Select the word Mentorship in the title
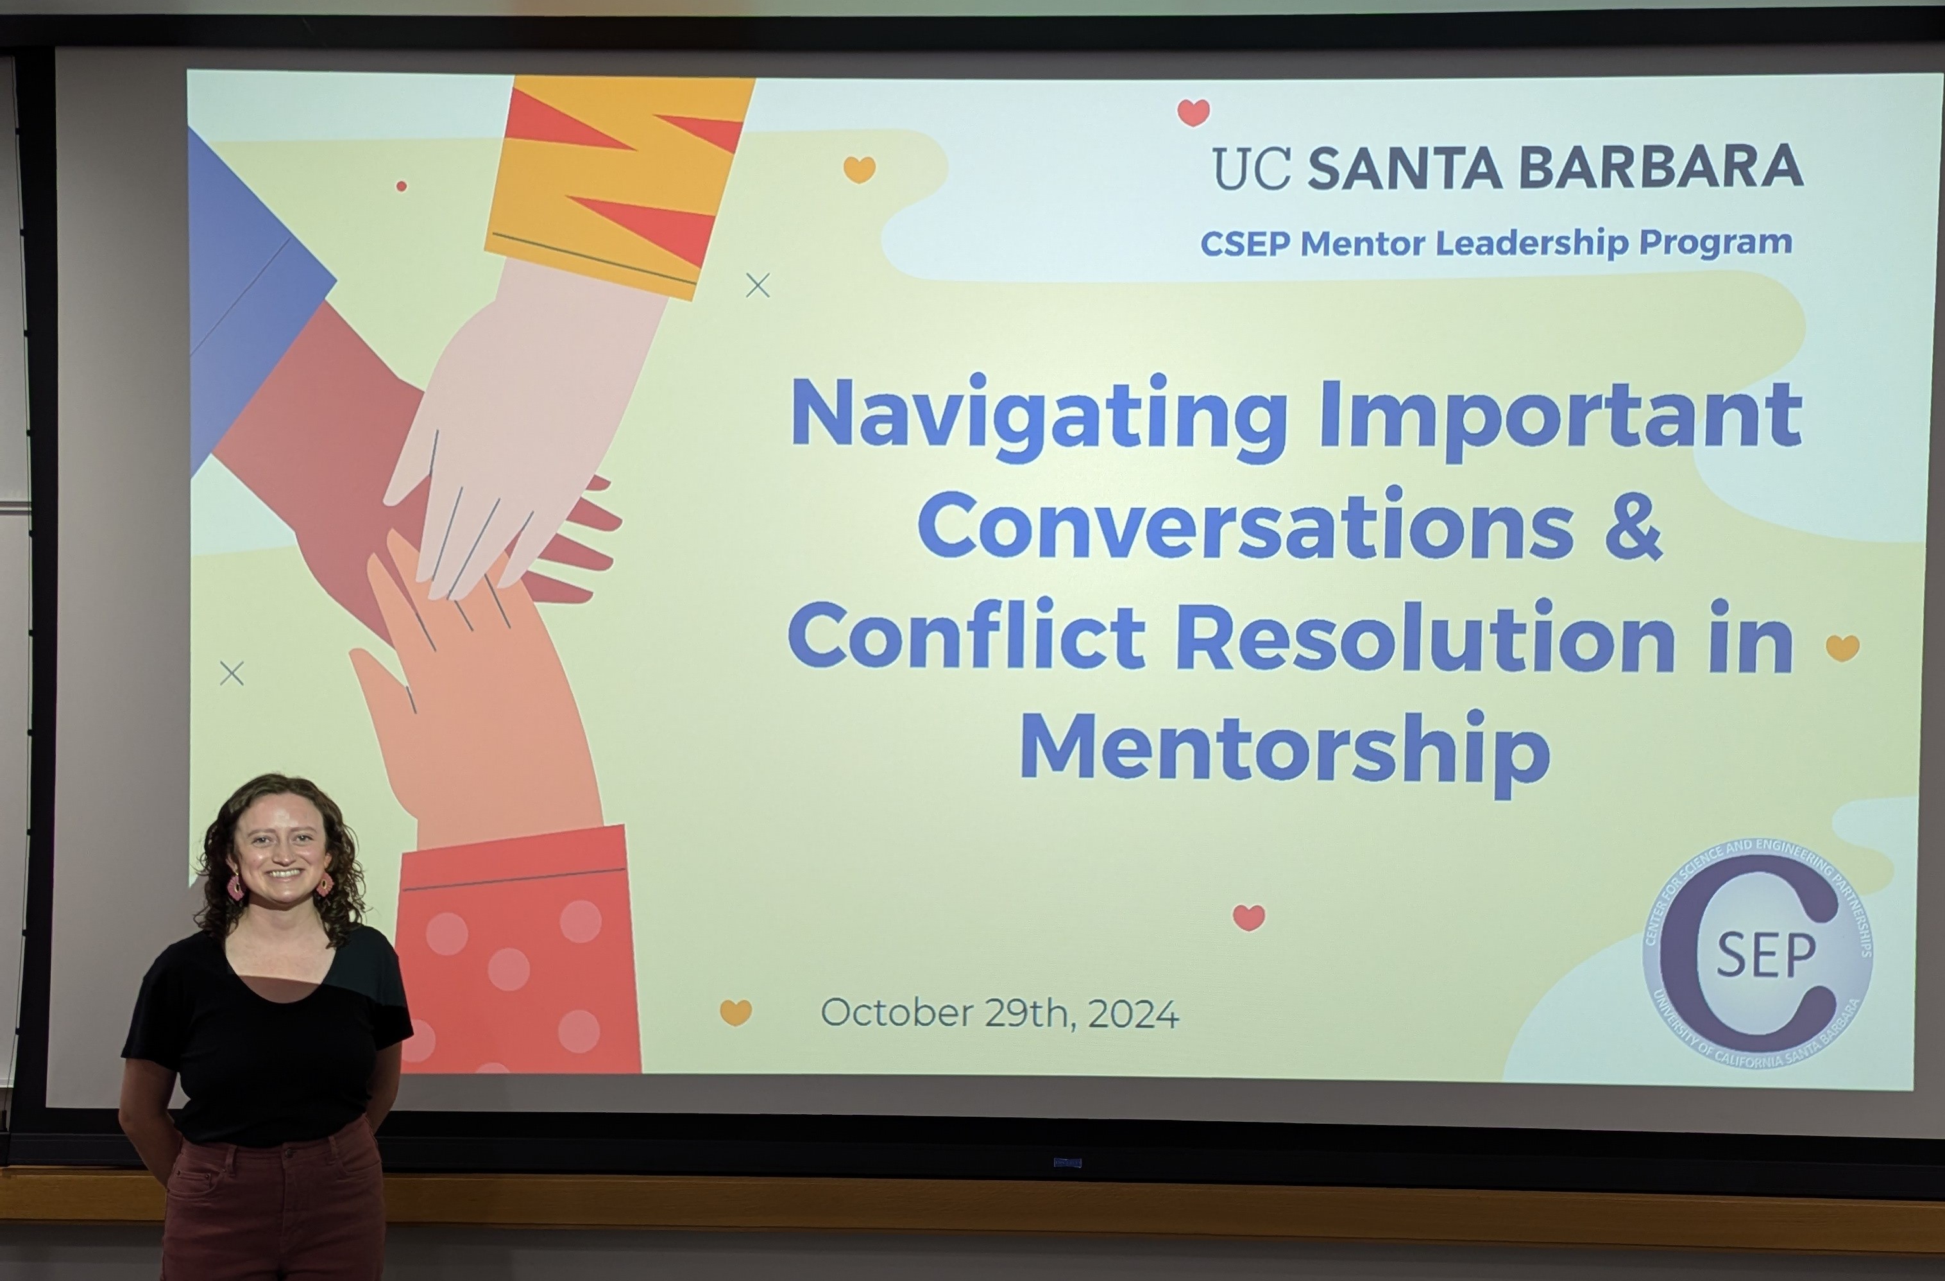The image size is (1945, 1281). click(x=1285, y=752)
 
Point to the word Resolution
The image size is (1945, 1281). click(x=1426, y=635)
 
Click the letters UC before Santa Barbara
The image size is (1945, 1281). click(x=1251, y=168)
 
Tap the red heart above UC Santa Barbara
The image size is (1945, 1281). click(x=1193, y=112)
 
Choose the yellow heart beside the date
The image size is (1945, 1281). click(x=736, y=1012)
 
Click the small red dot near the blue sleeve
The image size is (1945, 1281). click(x=402, y=186)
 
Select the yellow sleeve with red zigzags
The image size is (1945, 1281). click(x=618, y=185)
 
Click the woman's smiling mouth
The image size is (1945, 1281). click(x=284, y=873)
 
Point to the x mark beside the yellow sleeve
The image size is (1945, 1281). click(x=758, y=286)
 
